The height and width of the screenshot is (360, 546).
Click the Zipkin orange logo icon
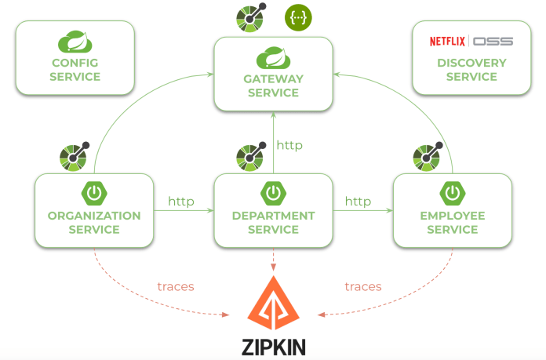click(x=273, y=303)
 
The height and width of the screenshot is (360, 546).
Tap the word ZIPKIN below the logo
click(x=274, y=346)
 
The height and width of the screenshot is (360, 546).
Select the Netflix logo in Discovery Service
click(x=448, y=41)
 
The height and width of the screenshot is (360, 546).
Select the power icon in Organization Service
click(x=94, y=193)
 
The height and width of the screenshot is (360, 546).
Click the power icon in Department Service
click(x=273, y=193)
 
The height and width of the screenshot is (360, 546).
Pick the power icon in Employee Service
click(x=453, y=193)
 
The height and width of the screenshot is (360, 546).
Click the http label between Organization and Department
click(x=180, y=202)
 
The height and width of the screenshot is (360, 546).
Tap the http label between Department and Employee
click(x=358, y=202)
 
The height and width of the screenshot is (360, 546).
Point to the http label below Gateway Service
click(x=289, y=145)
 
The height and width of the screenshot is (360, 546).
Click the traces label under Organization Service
click(x=176, y=286)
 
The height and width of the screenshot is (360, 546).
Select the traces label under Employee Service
click(x=363, y=286)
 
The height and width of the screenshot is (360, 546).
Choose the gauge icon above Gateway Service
click(x=252, y=18)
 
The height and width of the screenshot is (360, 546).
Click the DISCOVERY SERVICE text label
click(x=471, y=70)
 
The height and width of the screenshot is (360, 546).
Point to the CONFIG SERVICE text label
click(x=75, y=70)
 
